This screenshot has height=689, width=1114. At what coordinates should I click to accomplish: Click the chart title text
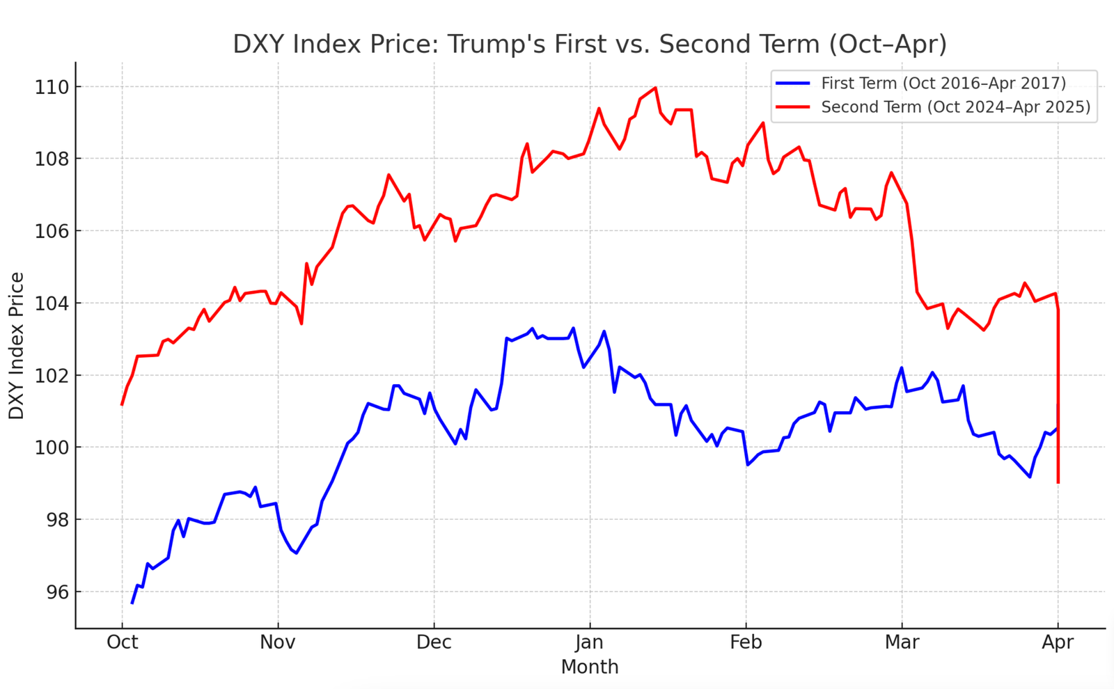tap(590, 44)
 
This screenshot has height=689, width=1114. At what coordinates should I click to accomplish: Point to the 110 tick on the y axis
tap(53, 87)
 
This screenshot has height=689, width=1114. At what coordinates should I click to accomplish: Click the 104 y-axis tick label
tap(53, 303)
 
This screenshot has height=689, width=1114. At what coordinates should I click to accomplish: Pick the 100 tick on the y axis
tap(53, 448)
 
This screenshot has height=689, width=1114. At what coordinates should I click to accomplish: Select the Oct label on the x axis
tap(122, 642)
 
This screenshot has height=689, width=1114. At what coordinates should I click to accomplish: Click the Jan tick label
tap(590, 642)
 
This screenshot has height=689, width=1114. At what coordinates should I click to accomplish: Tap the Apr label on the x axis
tap(1058, 642)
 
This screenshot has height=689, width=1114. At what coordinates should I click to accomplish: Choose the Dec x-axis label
tap(434, 642)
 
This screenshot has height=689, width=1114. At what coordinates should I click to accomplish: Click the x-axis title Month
tap(590, 667)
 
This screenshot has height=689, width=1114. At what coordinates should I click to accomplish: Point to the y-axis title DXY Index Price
tap(17, 346)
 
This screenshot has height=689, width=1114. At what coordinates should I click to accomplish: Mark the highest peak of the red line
tap(655, 88)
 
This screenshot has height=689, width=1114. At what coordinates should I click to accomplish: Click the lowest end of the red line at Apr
tap(1058, 482)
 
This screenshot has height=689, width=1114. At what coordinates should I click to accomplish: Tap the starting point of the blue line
tap(132, 603)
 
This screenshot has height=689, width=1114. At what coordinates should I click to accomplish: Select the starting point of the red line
tap(123, 404)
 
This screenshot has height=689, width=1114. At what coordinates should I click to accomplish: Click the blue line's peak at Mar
tap(902, 367)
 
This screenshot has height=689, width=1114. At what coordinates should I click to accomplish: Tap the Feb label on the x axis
tap(746, 642)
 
